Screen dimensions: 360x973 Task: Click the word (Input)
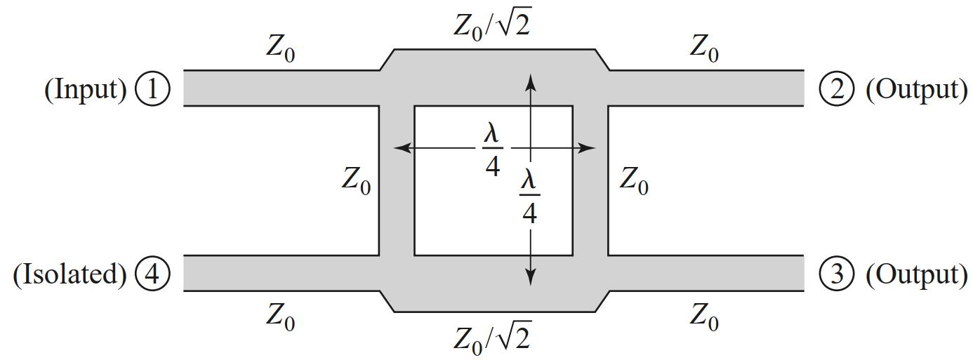tap(86, 89)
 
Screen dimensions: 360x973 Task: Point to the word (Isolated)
tap(69, 274)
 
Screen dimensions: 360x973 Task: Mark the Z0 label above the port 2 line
tap(704, 49)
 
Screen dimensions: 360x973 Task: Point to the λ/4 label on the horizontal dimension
tap(492, 152)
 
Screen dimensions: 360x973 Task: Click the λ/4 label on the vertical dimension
tap(530, 197)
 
